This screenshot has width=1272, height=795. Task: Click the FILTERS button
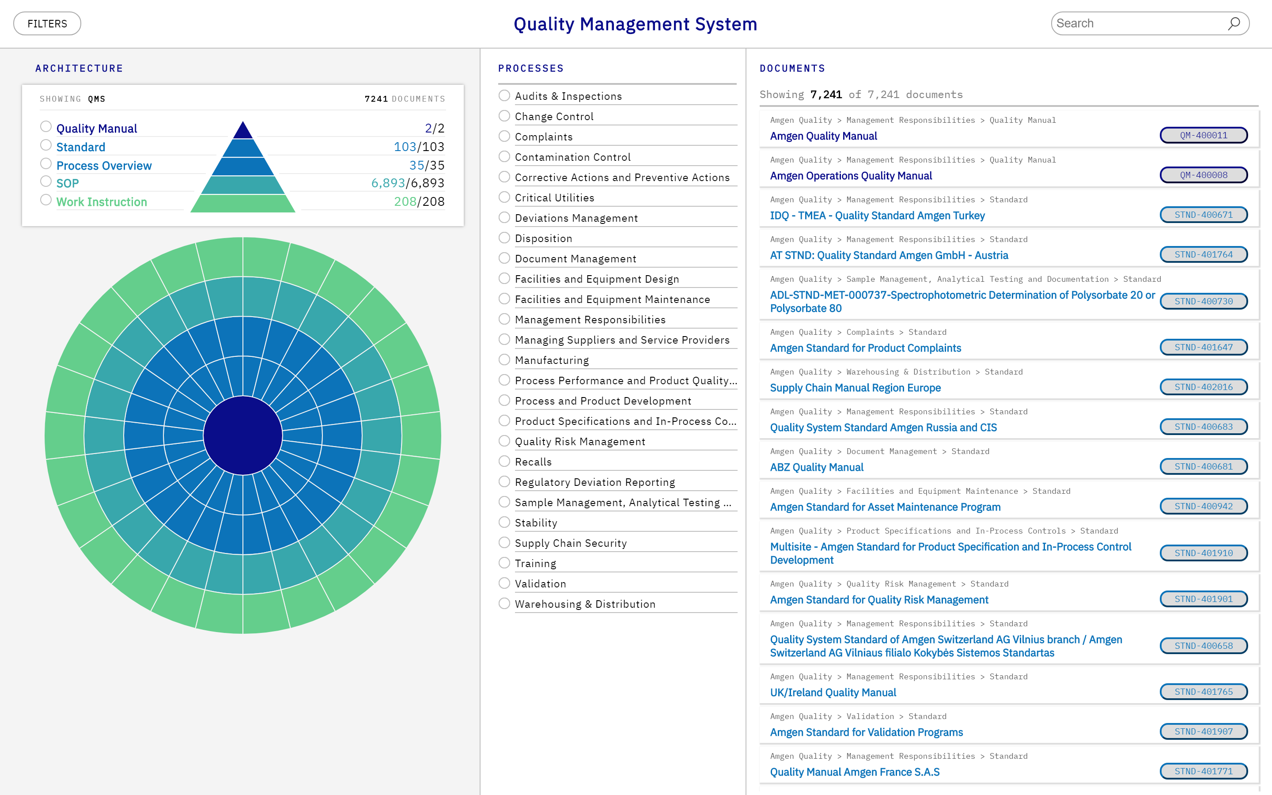click(47, 24)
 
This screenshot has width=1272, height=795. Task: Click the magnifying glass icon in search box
click(1234, 24)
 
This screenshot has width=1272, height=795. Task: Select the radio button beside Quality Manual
click(46, 127)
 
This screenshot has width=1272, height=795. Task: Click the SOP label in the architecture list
click(67, 183)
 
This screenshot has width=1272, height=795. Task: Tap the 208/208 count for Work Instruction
click(419, 201)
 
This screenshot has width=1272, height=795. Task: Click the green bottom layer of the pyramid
click(243, 204)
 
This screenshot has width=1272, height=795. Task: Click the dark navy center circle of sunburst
click(243, 435)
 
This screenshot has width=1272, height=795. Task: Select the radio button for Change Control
click(504, 116)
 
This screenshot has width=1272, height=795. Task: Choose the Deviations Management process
click(576, 218)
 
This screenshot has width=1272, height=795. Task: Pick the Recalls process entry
click(533, 462)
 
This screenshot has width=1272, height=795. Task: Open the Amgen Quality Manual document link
click(823, 136)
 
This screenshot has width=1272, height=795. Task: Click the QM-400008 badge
click(1203, 175)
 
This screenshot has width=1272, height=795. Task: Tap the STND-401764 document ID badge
click(1203, 254)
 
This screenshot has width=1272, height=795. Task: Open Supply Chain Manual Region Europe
click(855, 388)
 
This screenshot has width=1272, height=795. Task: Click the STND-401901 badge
click(1203, 599)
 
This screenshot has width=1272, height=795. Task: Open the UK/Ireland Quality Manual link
click(833, 693)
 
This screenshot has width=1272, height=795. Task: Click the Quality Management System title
click(635, 24)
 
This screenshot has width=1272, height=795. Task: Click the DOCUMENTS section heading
click(792, 68)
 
